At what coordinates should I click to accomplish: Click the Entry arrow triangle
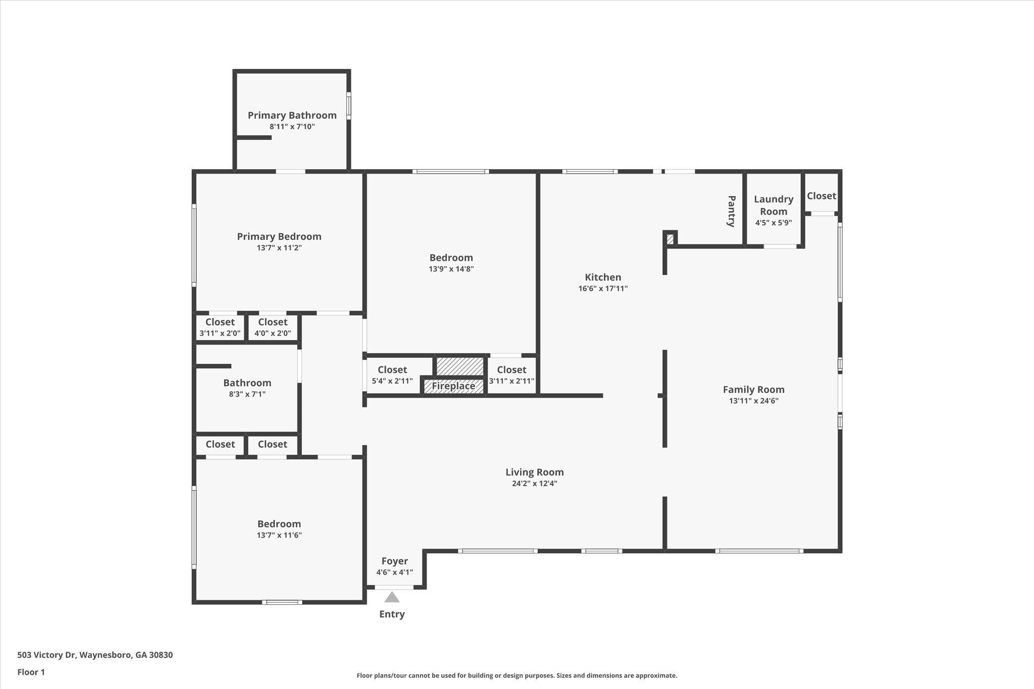point(392,598)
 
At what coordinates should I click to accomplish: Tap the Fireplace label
point(453,386)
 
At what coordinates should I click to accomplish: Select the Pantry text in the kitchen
point(731,211)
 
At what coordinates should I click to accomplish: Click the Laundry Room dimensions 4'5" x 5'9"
point(773,223)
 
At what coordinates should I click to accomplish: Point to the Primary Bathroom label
point(292,115)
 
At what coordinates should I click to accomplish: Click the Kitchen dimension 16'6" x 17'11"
point(603,289)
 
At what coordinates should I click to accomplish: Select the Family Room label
point(753,389)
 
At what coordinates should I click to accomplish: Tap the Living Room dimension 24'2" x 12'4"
point(534,484)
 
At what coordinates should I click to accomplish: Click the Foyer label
point(394,561)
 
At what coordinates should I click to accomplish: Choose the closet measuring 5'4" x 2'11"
point(392,376)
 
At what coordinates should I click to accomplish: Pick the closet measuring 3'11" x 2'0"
point(220,328)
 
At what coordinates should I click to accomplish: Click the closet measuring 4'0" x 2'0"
point(273,328)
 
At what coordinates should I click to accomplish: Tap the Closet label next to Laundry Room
point(821,196)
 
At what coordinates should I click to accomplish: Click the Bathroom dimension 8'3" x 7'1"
point(247,394)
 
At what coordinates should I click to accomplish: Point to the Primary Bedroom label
point(279,236)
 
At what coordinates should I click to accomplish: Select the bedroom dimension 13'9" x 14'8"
point(451,269)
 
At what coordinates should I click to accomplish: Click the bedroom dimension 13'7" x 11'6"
point(279,535)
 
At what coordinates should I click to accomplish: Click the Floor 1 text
point(31,672)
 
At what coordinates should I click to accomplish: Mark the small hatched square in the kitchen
point(670,239)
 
